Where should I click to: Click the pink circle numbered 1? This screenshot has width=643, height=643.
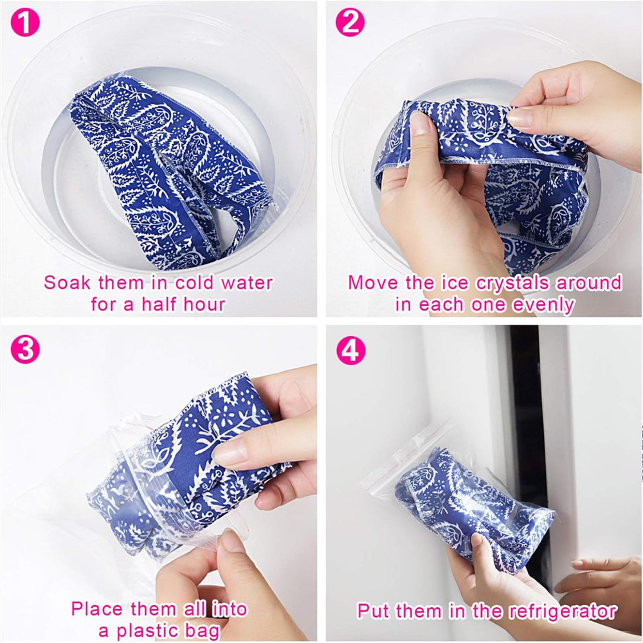coord(25,23)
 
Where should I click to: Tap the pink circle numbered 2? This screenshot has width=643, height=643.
coord(350,23)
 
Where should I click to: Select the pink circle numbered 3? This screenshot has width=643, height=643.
coord(25,350)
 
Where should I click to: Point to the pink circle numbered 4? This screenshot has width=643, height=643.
coord(350,350)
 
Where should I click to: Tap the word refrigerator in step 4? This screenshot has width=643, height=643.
coord(562,611)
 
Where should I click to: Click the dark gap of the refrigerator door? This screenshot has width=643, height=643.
coord(525,442)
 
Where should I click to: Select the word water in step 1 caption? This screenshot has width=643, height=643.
coord(247,283)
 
